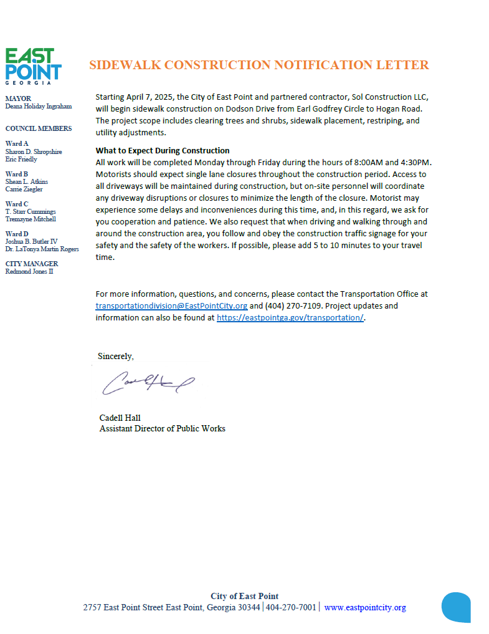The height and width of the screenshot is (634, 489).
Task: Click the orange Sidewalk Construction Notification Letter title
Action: click(259, 65)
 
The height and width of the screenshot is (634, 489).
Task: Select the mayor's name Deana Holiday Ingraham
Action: click(38, 107)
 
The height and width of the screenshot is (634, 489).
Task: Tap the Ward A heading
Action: click(17, 143)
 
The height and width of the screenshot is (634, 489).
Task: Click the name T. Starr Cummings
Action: click(31, 211)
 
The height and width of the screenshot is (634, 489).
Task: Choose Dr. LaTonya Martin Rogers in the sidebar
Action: click(42, 249)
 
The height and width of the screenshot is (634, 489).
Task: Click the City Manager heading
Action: click(31, 264)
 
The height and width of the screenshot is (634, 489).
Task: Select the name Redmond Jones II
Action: click(29, 271)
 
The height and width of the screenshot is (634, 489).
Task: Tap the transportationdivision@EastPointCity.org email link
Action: click(171, 305)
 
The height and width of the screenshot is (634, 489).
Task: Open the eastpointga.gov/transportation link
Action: click(290, 317)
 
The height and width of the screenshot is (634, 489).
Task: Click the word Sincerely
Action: click(115, 356)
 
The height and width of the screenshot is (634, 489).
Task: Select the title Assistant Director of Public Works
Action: click(162, 428)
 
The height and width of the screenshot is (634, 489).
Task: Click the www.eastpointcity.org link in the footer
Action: click(365, 607)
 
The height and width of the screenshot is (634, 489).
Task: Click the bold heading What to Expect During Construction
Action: click(163, 150)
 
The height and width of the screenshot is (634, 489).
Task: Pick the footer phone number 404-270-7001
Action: click(291, 607)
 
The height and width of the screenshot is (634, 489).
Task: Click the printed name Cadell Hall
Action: click(120, 418)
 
